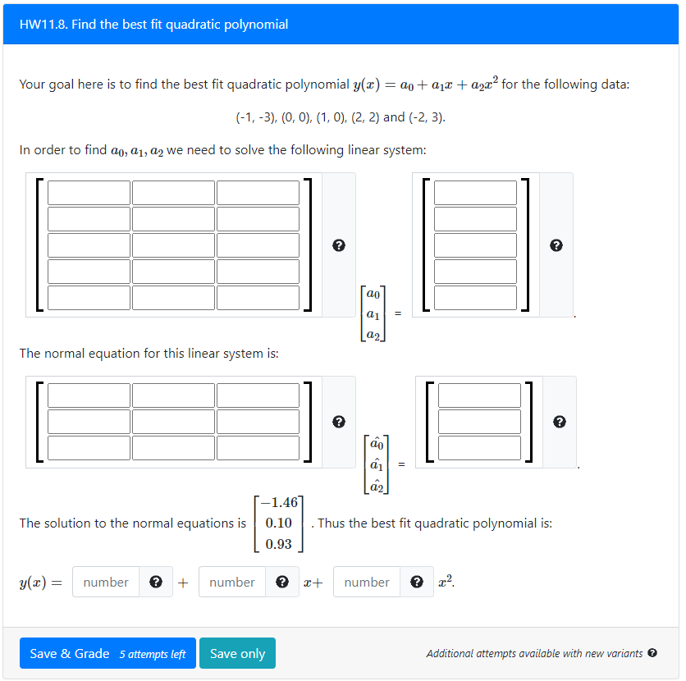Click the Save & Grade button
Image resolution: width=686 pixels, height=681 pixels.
107,653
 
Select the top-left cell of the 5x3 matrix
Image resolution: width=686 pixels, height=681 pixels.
89,193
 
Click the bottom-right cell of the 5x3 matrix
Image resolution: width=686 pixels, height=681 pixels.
258,297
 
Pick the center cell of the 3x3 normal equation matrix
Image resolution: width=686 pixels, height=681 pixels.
173,422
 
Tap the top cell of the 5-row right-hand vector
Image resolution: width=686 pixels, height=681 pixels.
475,193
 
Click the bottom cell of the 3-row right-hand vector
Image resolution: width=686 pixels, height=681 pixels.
479,448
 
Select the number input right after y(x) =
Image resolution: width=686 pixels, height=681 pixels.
106,582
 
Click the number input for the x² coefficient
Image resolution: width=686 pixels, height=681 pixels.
367,582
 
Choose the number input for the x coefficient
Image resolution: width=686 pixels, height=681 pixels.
232,582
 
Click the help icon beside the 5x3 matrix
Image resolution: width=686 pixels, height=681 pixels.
338,245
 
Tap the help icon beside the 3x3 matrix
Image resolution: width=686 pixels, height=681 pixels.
338,422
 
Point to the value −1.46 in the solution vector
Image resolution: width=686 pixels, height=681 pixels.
279,502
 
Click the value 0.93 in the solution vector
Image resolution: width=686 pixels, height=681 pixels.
279,544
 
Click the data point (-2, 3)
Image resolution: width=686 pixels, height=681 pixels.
426,117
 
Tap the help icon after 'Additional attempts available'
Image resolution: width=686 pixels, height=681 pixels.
652,653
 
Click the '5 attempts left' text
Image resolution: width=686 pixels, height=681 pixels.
153,654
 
